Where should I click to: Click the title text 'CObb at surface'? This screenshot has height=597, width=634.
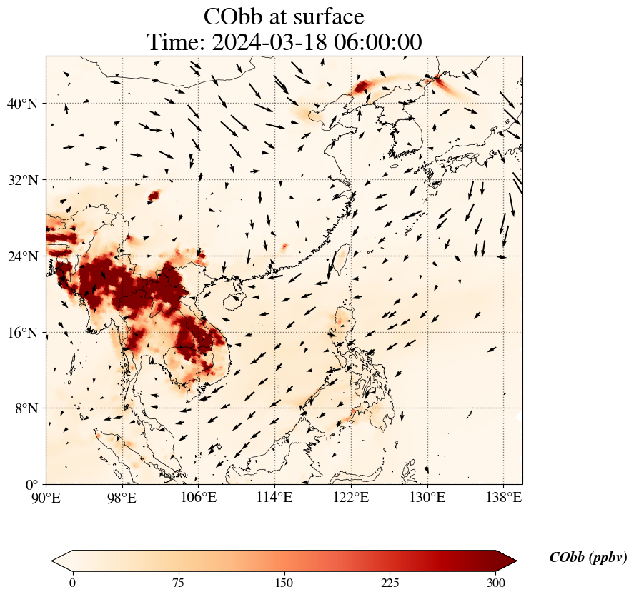pos(284,16)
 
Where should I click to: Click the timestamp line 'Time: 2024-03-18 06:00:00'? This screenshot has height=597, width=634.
pos(284,42)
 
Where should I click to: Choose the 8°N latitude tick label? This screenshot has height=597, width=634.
pos(26,408)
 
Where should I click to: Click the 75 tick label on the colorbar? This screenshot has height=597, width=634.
pos(178,583)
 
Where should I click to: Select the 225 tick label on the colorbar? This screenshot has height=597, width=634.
pos(390,583)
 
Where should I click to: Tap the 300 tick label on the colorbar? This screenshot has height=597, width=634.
pos(496,583)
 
